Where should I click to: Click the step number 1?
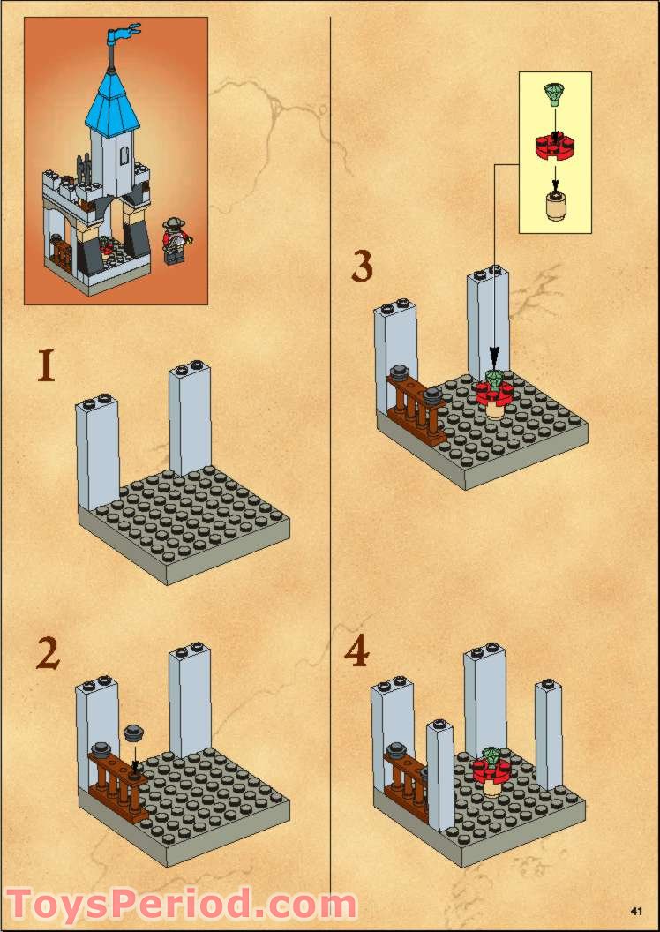coord(47,365)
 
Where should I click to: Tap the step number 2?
coord(48,654)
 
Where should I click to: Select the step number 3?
coord(362,266)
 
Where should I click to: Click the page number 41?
coord(637,911)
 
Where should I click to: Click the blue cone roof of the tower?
coord(113,101)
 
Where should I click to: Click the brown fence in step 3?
coord(416,407)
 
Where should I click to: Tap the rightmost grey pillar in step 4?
coord(548,736)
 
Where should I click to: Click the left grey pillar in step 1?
coord(97,452)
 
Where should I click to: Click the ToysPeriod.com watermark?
coord(181,904)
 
